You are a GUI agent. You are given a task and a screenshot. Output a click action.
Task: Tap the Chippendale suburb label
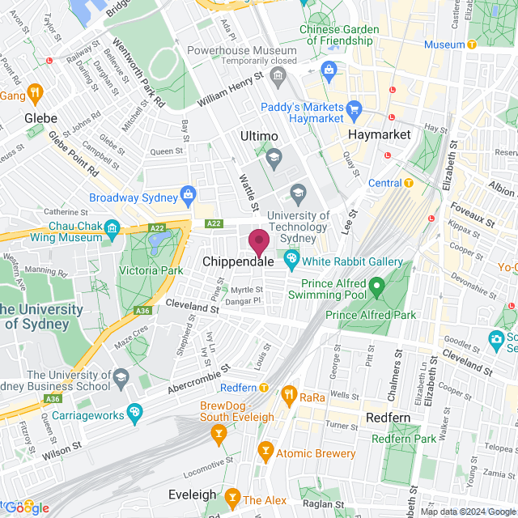click(x=240, y=262)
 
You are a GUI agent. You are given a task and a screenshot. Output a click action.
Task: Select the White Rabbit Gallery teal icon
click(x=291, y=261)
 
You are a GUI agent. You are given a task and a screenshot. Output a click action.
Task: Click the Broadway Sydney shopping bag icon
click(x=188, y=194)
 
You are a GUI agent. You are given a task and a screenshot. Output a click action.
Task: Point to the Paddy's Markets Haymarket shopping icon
click(x=353, y=108)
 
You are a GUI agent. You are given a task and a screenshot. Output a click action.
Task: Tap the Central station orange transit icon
click(x=409, y=183)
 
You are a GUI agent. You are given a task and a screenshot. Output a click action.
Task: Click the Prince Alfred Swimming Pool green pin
click(x=376, y=286)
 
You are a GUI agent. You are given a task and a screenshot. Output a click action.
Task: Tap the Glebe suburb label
click(x=41, y=117)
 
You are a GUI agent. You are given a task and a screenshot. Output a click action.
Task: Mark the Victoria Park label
click(x=151, y=271)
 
